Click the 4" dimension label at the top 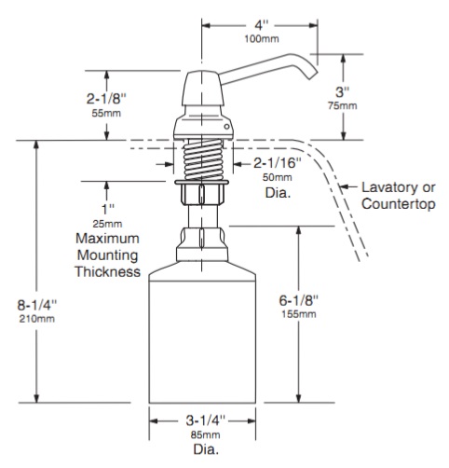pos(262,25)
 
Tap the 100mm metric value pos(262,39)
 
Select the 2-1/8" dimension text pos(106,99)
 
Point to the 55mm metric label pos(106,113)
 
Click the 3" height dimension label pos(343,92)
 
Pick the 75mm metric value pos(343,105)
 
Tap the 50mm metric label pos(278,177)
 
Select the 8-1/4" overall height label pos(37,305)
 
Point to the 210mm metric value pos(37,319)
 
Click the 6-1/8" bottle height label pos(299,300)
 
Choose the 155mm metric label pos(299,314)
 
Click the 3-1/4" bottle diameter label pos(205,420)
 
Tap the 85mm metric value pos(205,434)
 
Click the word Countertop pos(399,204)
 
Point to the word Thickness pos(108,271)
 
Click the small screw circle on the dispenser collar pos(227,127)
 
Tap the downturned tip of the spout pos(313,76)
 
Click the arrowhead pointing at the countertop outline pos(344,186)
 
